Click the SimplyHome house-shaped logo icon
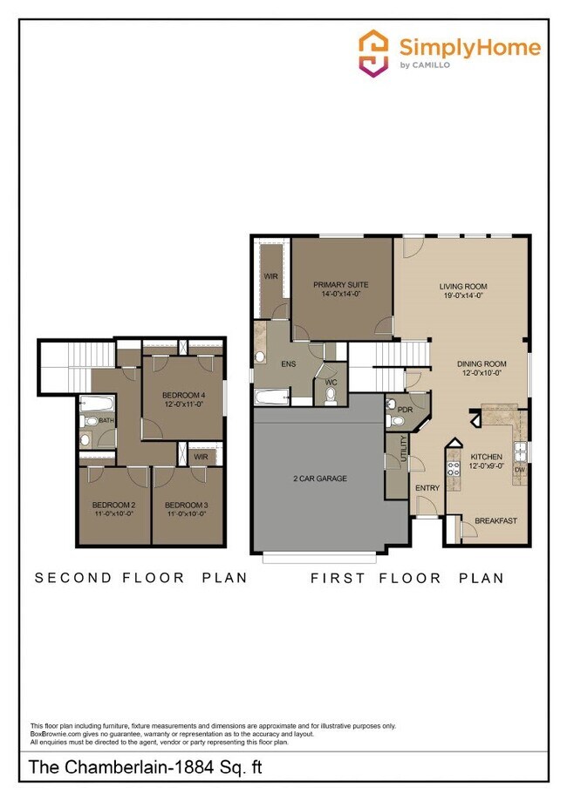pyautogui.click(x=373, y=52)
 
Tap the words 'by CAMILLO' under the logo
pyautogui.click(x=426, y=65)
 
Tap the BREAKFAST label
pyautogui.click(x=495, y=521)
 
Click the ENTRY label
pyautogui.click(x=427, y=488)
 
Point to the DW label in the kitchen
pyautogui.click(x=520, y=469)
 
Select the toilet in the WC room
pyautogui.click(x=331, y=395)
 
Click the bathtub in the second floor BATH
pyautogui.click(x=95, y=404)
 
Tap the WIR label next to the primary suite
pyautogui.click(x=270, y=276)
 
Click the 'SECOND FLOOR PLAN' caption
pyautogui.click(x=140, y=577)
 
